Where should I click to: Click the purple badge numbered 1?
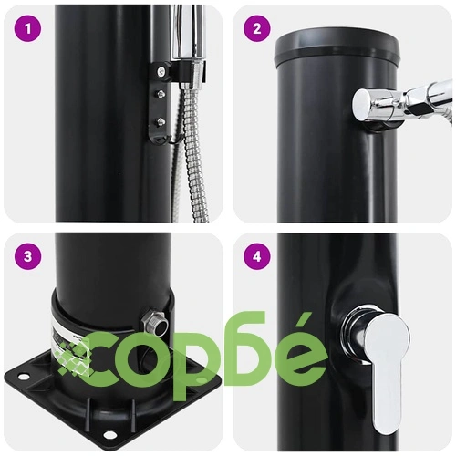(27, 29)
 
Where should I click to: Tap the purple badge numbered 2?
(257, 29)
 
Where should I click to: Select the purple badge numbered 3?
(27, 257)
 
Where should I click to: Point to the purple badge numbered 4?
(257, 257)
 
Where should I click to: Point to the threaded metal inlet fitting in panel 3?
(154, 324)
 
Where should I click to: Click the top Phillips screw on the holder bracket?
(161, 72)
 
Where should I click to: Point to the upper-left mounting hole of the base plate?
(22, 377)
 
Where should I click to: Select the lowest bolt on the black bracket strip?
(161, 122)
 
